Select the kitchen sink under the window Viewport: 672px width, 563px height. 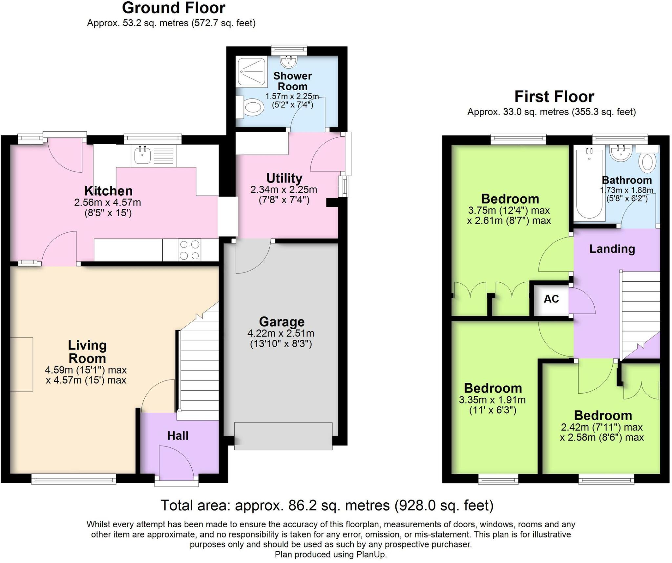tap(154, 155)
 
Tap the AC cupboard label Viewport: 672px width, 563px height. tap(551, 299)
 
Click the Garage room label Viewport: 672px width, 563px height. tap(282, 322)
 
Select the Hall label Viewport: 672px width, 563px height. tap(178, 436)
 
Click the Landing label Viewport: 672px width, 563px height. tap(612, 249)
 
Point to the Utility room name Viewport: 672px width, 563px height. tap(284, 178)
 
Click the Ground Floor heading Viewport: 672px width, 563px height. tap(174, 8)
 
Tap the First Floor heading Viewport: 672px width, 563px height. tap(554, 97)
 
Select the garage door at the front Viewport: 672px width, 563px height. tap(283, 436)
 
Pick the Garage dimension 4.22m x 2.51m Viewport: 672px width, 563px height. tap(281, 334)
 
